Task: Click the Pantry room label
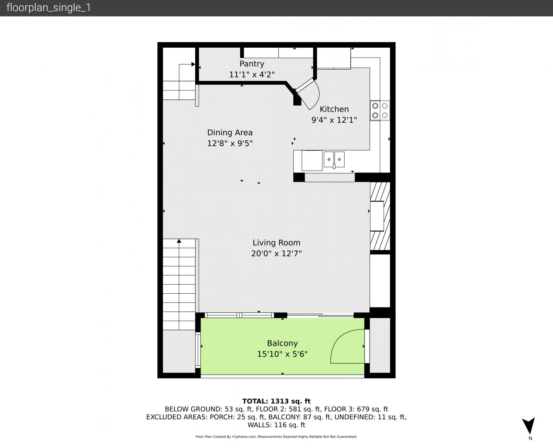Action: [x=251, y=64]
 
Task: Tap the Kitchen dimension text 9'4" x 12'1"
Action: [x=334, y=120]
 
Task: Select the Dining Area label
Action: [x=230, y=133]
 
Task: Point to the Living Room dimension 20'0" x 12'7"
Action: [x=276, y=253]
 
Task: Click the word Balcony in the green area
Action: [x=282, y=343]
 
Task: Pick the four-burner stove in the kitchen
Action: [x=380, y=110]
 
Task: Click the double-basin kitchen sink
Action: [x=334, y=160]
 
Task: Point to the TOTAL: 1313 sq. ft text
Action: [x=276, y=401]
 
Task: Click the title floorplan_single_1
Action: [x=48, y=8]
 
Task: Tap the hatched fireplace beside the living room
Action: [x=380, y=216]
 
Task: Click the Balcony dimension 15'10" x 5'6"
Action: [x=282, y=354]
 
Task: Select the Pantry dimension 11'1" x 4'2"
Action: [x=251, y=75]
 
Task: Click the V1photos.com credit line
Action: [x=276, y=436]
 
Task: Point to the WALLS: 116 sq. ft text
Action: [x=276, y=425]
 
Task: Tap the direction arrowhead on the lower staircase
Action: [x=179, y=241]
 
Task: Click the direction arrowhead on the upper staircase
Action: [x=193, y=64]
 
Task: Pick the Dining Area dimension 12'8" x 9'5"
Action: [x=230, y=143]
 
